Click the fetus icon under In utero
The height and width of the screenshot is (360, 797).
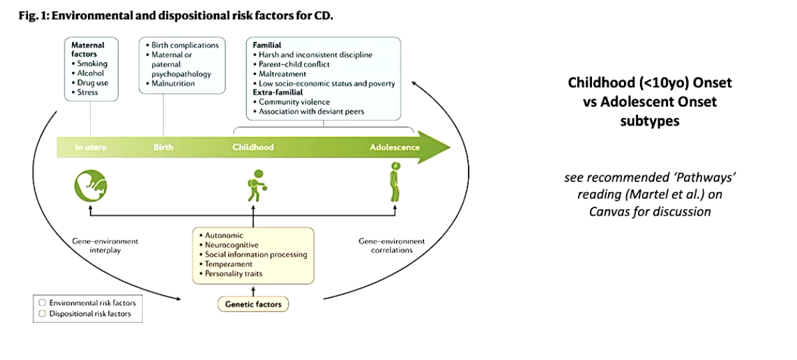pos(90,184)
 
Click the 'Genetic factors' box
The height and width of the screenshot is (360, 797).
pos(253,304)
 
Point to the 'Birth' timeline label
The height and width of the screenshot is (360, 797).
pos(163,147)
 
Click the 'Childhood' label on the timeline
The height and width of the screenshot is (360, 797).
pos(253,147)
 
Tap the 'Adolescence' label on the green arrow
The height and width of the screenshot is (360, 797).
pos(395,147)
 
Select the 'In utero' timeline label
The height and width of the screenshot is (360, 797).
pos(91,147)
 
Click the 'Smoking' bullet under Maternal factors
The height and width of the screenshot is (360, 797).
pos(93,64)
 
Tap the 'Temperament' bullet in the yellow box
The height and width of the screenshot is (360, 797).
pos(229,264)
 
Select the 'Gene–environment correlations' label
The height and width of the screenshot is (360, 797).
pos(391,246)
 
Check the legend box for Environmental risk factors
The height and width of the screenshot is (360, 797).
pos(42,303)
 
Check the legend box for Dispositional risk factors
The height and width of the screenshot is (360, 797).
pos(42,313)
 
